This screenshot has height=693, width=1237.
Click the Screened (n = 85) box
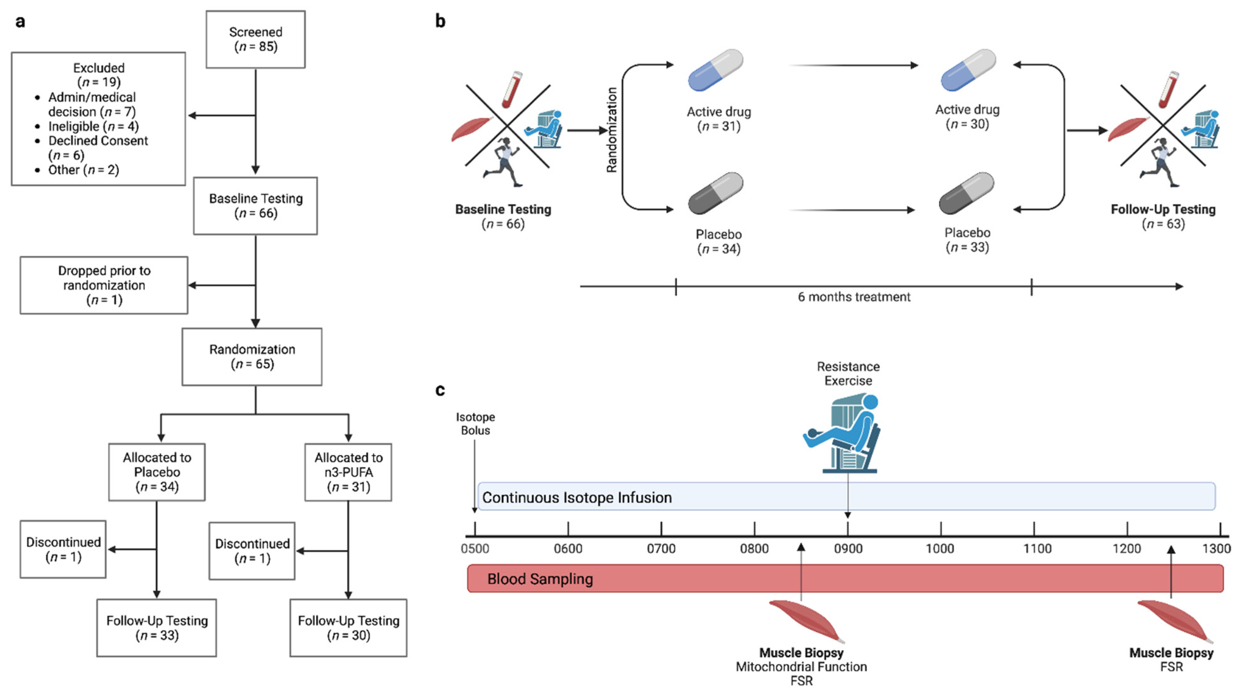coord(255,40)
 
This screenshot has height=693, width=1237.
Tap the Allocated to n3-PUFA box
coord(348,472)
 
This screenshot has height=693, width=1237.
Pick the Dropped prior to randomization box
coord(104,285)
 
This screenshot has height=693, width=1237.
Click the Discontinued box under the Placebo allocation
coord(64,549)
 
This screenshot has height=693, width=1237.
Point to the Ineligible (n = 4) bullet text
coord(93,126)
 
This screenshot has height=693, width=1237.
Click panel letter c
coord(440,389)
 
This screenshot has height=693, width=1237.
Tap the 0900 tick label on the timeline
coord(848,549)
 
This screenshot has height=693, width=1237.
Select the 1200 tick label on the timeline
coord(1127,549)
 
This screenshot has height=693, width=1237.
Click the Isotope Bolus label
coord(475,424)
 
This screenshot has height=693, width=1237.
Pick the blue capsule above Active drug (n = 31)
coord(715,70)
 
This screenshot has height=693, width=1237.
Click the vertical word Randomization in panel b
coord(611,130)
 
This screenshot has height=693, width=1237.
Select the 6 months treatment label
coord(854,297)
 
